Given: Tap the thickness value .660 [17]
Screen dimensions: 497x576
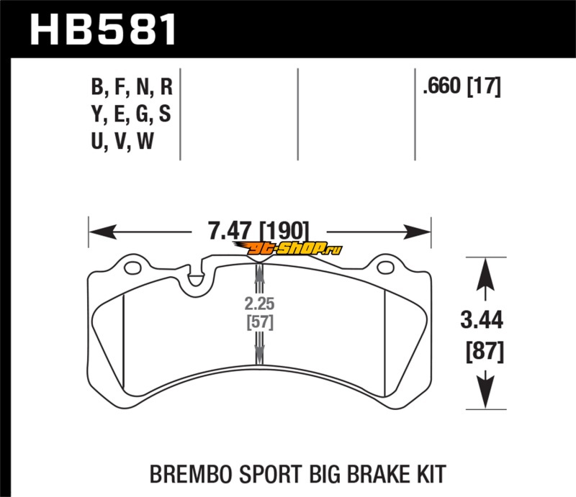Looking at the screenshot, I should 462,87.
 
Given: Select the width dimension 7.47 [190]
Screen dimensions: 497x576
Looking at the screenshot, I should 258,232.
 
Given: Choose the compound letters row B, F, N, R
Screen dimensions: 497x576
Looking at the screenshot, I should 132,88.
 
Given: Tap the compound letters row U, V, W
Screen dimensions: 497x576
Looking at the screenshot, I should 122,142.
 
